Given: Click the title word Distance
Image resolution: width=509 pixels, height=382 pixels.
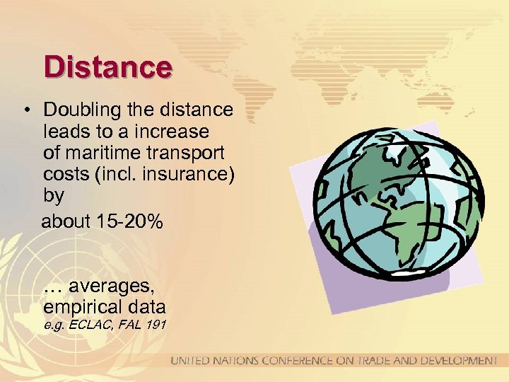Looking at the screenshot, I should [x=107, y=67].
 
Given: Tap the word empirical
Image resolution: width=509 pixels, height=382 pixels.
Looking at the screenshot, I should [x=81, y=308].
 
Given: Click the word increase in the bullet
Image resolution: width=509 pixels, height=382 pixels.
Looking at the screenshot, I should [x=175, y=132].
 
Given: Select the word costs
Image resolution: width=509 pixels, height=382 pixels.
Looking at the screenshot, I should [x=64, y=173].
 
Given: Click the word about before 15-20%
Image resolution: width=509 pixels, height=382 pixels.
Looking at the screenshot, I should [x=66, y=221].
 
